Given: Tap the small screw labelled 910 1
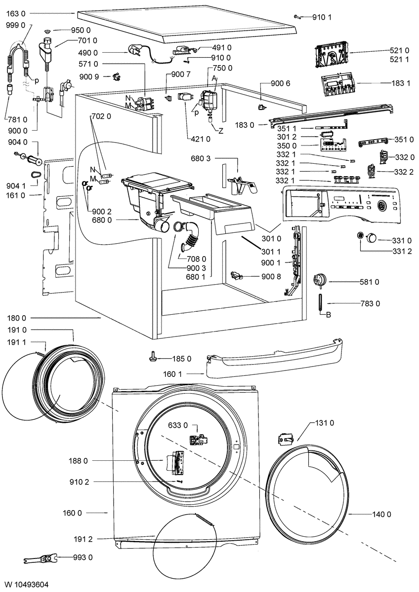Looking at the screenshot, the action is (297, 17).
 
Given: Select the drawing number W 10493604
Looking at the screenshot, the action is (27, 584).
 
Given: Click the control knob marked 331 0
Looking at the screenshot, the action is (371, 238).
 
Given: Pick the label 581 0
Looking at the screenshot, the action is (369, 282).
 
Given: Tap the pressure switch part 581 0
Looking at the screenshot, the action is (320, 280).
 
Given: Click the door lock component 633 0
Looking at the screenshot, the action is (198, 439).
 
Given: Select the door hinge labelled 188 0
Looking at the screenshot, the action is (175, 462).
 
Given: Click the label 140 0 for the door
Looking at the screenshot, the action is (381, 514).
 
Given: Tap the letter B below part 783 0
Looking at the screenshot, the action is (329, 315).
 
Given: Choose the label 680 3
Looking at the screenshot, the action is (201, 158).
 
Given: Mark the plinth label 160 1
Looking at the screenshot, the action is (173, 374).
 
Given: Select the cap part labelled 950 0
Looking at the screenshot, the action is (48, 32).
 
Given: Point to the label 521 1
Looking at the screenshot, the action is (399, 60).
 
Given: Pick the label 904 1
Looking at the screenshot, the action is (16, 186).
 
